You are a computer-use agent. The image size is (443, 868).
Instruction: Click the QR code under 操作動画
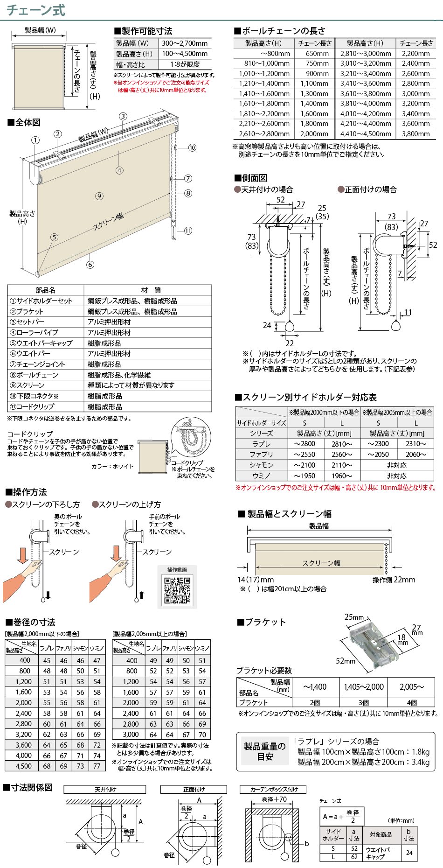177,590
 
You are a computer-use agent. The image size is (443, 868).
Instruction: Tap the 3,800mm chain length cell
416,134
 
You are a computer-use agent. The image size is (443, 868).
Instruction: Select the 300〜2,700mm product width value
185,43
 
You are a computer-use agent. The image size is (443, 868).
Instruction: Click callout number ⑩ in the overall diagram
192,148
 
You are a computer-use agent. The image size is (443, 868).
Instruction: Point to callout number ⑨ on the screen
99,196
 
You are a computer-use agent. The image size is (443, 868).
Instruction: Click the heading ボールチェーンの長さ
280,31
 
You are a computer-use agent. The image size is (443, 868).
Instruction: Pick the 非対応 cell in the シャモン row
397,465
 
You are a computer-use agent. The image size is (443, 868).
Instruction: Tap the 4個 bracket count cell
412,702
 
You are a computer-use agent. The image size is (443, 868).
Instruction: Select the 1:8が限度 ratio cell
185,64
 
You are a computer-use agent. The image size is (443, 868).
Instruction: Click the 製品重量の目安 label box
265,751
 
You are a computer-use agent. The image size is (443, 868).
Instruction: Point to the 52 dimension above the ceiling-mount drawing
281,200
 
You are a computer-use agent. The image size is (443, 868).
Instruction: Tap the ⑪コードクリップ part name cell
46,406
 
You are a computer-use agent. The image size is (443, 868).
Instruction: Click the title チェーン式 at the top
36,10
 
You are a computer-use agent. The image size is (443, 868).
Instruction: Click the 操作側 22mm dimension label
394,580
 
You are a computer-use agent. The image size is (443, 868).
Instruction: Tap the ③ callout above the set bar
123,116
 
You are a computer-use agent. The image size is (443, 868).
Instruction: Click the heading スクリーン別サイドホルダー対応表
306,397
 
